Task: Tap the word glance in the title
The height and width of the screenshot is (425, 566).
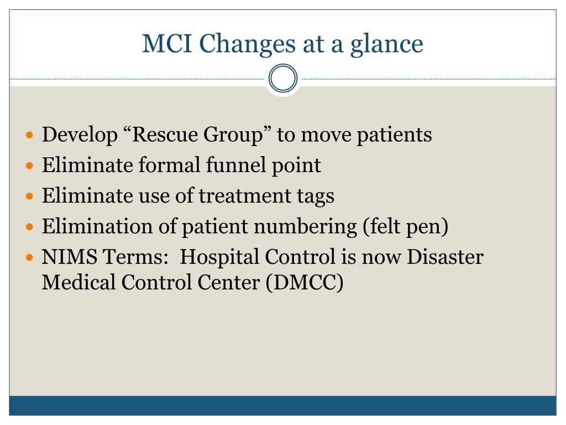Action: [x=386, y=45]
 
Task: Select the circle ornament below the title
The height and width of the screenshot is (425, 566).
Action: [x=283, y=78]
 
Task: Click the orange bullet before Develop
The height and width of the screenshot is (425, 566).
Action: [x=30, y=135]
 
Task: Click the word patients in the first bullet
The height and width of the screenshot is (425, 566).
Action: [x=394, y=136]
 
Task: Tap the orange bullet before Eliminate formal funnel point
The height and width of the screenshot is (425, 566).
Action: [x=30, y=166]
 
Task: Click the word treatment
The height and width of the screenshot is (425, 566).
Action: [x=245, y=196]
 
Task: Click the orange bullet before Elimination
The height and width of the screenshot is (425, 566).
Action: [x=30, y=227]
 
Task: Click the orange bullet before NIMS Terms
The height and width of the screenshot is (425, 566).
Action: [x=30, y=258]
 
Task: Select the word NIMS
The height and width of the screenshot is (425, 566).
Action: [x=69, y=257]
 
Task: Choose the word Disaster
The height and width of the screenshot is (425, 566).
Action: [x=445, y=257]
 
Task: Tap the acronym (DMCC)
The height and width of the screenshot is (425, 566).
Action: [x=305, y=283]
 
